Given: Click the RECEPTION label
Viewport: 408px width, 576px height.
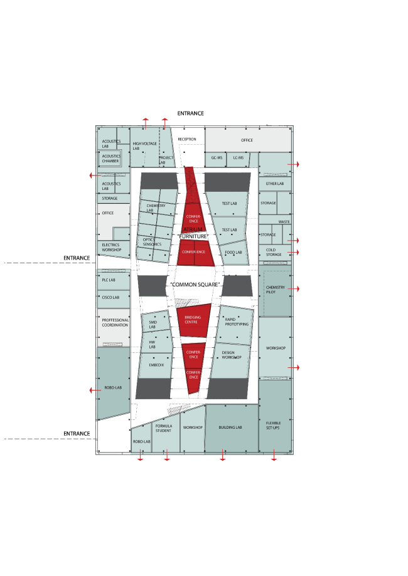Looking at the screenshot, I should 187,139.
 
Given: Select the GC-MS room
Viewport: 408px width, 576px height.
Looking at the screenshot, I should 217,158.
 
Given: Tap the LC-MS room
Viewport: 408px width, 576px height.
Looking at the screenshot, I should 238,158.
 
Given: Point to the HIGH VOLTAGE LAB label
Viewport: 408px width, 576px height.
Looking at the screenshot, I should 144,146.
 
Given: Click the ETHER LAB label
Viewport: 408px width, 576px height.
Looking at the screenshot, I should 275,184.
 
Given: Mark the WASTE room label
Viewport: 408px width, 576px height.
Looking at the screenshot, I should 284,222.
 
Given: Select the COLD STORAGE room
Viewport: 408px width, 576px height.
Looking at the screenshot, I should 274,252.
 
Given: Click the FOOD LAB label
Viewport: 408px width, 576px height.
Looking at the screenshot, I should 234,252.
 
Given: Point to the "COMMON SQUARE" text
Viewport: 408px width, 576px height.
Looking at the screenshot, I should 195,285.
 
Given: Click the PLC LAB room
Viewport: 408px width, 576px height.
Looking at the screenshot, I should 110,280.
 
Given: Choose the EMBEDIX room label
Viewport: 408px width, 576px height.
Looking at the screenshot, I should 156,364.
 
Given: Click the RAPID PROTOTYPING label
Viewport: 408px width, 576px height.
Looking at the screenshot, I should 237,322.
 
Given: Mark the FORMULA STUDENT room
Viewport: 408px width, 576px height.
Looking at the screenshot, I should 164,429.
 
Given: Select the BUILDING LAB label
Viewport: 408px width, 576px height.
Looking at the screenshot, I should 230,427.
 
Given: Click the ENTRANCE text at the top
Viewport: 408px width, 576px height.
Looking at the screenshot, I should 190,113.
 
